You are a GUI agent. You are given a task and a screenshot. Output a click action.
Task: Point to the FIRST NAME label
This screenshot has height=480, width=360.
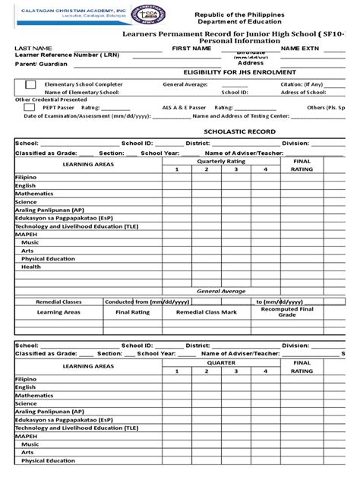coord(191,48)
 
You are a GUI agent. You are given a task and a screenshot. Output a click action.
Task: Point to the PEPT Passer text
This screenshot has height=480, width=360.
coord(58,108)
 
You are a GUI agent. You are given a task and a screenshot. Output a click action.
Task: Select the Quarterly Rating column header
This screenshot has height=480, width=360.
coord(221,162)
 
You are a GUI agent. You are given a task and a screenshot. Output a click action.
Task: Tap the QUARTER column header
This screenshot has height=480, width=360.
coord(221,363)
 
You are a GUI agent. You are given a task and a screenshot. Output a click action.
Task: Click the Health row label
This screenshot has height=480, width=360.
coord(31,267)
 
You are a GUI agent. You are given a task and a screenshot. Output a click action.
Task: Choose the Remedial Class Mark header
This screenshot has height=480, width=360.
coord(207,312)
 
